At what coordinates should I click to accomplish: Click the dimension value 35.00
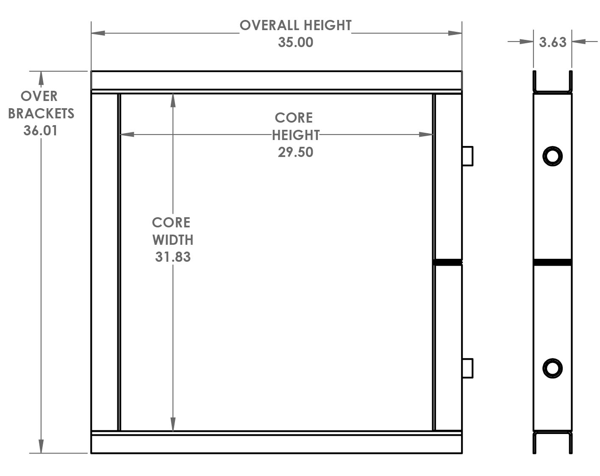point(295,42)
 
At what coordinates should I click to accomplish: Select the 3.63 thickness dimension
point(553,42)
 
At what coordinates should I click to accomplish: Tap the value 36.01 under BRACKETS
point(40,131)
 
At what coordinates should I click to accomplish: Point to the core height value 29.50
point(295,152)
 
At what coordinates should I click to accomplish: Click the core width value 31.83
point(173,257)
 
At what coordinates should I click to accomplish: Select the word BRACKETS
point(41,114)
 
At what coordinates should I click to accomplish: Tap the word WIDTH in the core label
point(173,240)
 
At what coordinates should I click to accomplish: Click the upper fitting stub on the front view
point(467,156)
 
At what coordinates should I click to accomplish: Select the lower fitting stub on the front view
point(467,368)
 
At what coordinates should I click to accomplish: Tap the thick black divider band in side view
point(553,263)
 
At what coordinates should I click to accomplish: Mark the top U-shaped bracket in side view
point(553,91)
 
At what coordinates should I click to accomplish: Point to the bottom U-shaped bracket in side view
point(553,434)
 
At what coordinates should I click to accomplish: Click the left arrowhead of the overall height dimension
point(98,33)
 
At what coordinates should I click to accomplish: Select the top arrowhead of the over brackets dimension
point(41,78)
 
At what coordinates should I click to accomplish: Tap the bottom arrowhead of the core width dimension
point(173,424)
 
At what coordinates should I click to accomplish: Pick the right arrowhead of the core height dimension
point(426,134)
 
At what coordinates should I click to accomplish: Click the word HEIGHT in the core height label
point(295,135)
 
